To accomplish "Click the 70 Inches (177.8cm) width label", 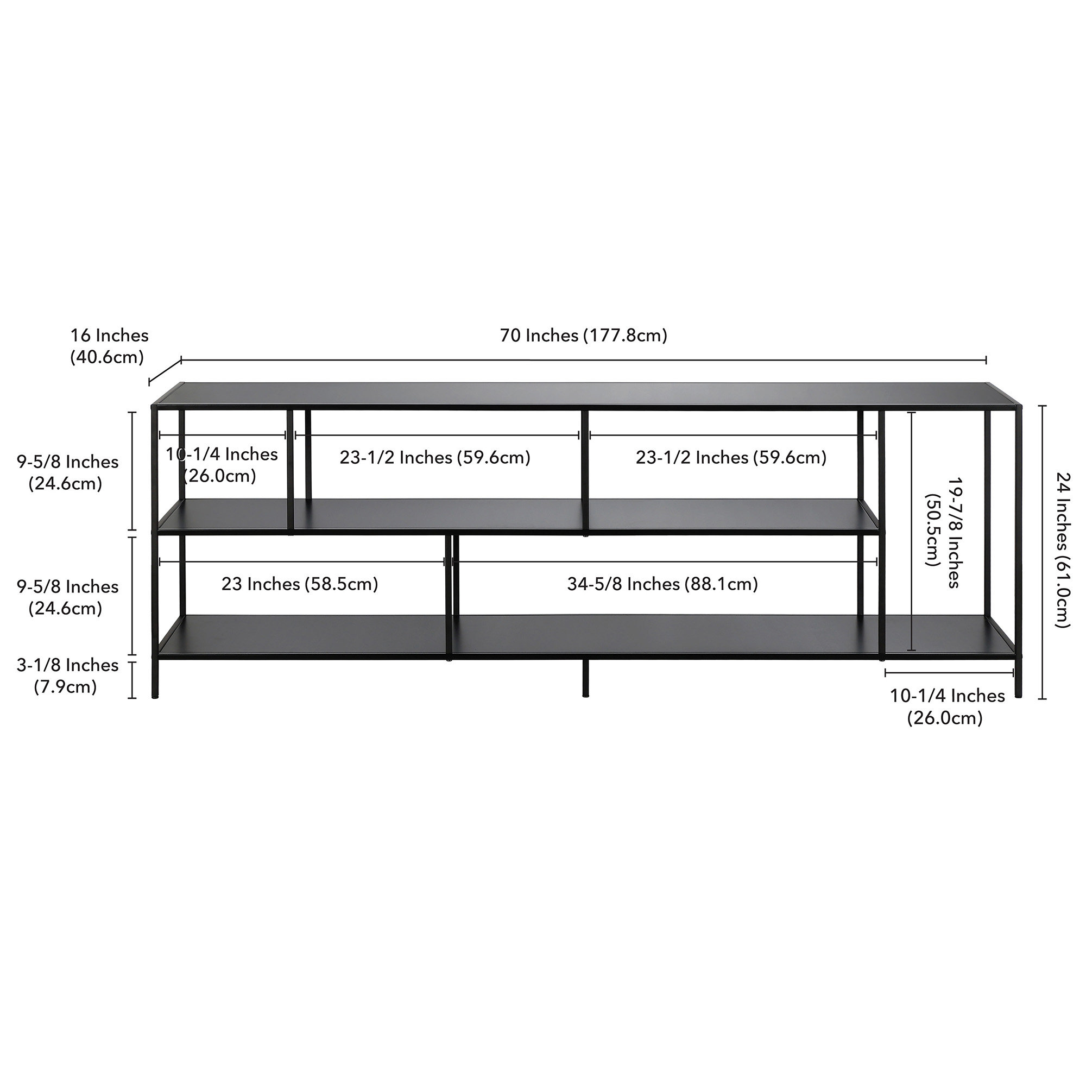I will click(584, 336).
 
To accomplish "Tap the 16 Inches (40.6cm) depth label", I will click(109, 346).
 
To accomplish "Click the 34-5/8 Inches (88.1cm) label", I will click(662, 584).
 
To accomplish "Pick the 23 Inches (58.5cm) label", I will click(300, 584).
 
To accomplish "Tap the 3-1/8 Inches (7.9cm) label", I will click(67, 675).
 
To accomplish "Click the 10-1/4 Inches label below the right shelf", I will click(946, 706).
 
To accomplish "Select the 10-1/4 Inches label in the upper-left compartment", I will click(222, 465).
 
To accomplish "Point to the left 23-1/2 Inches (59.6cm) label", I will click(434, 458).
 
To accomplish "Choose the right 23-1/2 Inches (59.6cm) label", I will click(731, 458).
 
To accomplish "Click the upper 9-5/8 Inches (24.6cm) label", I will click(67, 472).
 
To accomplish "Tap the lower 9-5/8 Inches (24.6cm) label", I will click(67, 597).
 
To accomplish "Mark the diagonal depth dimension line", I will click(165, 371).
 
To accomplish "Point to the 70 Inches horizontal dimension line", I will click(584, 360).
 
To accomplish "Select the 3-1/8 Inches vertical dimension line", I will click(132, 680).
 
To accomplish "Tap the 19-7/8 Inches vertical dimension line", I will click(912, 531).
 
